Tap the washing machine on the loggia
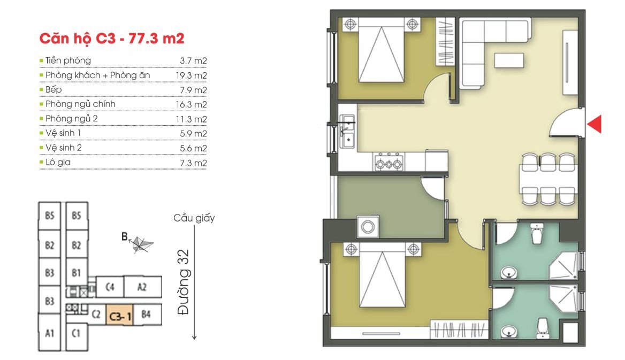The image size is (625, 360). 368,226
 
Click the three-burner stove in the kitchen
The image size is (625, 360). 389,162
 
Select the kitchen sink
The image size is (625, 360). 348,132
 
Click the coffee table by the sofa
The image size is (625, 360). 509,60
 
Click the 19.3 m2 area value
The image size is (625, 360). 192,75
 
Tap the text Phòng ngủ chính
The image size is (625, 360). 80,104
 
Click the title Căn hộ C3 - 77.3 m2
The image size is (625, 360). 112,39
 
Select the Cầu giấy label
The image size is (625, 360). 194,218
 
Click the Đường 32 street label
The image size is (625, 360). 184,282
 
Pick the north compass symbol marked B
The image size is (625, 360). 138,243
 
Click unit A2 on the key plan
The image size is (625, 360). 143,286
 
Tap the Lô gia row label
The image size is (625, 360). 58,162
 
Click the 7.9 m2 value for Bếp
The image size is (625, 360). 193,90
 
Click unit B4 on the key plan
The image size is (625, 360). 147,315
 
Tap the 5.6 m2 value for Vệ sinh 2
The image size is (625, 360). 193,148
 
